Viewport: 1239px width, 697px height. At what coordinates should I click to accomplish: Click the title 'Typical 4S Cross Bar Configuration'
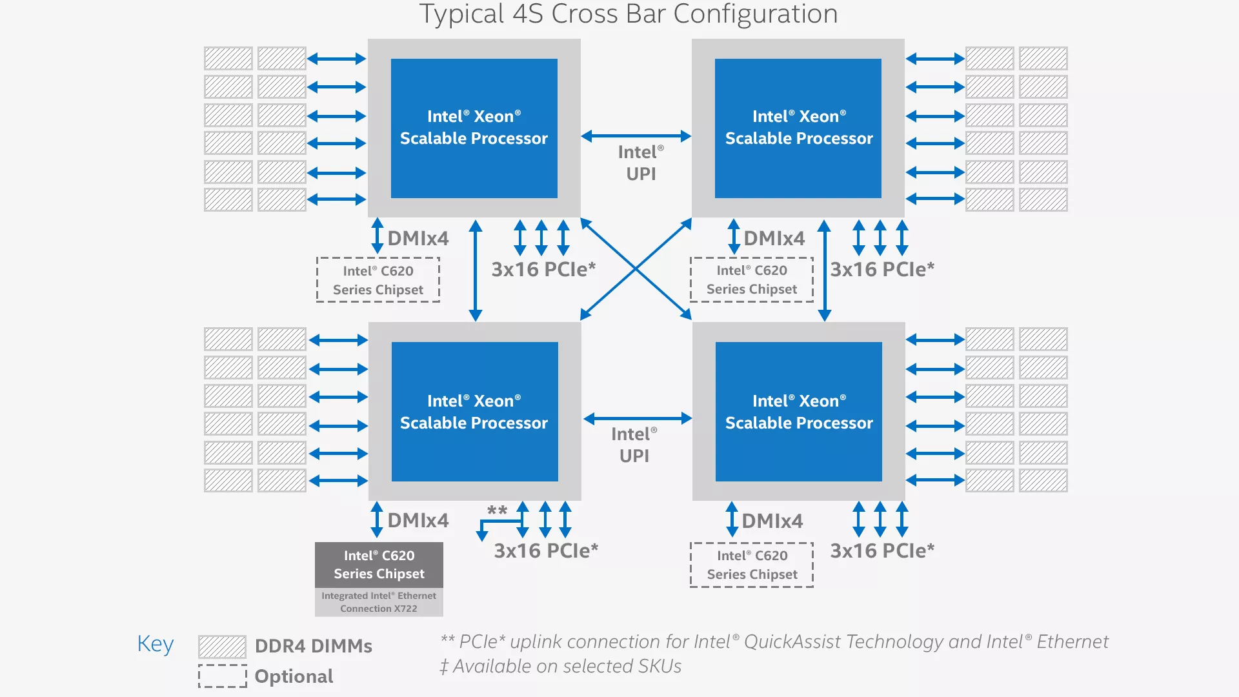click(629, 14)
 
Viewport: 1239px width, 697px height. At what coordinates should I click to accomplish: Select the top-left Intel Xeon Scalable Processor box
click(474, 128)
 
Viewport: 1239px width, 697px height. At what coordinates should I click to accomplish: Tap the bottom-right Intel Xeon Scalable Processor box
click(798, 412)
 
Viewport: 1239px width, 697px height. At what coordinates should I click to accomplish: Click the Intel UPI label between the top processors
click(641, 163)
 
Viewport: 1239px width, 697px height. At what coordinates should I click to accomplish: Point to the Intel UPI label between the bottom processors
click(634, 445)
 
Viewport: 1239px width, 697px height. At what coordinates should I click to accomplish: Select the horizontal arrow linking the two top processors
click(636, 136)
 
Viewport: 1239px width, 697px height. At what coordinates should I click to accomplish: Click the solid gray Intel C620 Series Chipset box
click(379, 565)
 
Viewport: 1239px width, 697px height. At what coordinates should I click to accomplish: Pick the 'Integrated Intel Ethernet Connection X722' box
click(379, 602)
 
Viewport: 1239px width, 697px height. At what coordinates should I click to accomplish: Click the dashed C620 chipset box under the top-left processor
click(378, 280)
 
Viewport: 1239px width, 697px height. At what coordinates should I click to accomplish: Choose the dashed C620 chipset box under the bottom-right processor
click(752, 565)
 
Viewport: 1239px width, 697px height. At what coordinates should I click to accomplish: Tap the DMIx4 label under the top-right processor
click(774, 238)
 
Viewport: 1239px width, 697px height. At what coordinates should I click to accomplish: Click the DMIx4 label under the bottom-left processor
click(418, 520)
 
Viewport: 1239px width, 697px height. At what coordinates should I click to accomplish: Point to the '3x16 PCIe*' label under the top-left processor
click(543, 269)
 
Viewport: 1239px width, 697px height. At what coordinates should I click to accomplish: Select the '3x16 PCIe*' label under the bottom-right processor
click(882, 551)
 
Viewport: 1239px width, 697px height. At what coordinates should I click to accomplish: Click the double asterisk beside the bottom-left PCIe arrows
click(497, 510)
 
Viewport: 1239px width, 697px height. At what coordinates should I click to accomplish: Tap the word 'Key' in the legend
click(156, 643)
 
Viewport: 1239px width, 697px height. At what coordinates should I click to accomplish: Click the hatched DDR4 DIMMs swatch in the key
click(222, 646)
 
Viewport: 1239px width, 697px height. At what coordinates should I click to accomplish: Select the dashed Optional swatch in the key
click(222, 676)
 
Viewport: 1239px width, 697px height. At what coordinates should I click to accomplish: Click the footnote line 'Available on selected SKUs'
click(561, 666)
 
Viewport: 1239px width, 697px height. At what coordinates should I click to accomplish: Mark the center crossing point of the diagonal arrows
click(636, 268)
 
